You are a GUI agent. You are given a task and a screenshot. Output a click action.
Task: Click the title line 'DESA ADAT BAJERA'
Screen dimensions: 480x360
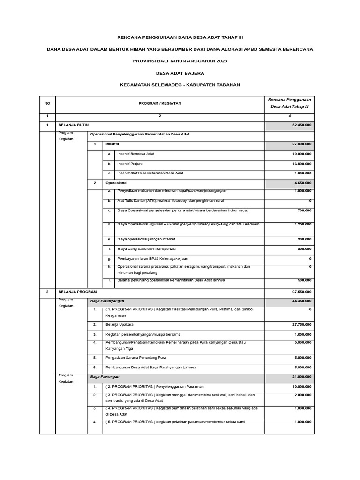[180, 73]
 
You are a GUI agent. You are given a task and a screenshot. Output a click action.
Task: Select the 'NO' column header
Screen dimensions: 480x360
[47, 103]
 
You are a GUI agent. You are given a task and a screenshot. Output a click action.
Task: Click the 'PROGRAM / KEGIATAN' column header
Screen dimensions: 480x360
[159, 103]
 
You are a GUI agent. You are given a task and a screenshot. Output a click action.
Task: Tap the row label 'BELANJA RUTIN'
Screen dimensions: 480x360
[74, 125]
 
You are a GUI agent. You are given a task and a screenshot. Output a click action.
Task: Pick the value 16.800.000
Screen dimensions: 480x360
[301, 164]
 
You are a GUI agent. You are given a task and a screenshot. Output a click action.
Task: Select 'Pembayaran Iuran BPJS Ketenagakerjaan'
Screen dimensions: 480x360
[150, 258]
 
